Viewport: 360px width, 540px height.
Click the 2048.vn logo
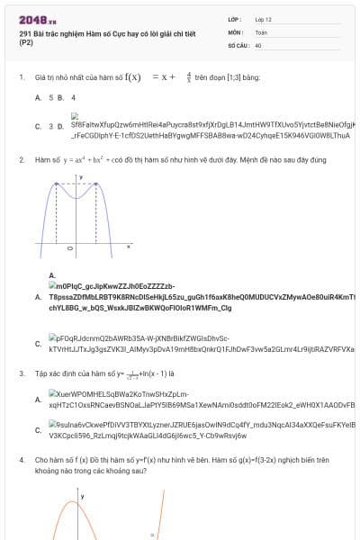click(37, 20)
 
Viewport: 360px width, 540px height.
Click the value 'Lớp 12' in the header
click(263, 19)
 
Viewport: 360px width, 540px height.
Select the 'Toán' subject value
click(261, 31)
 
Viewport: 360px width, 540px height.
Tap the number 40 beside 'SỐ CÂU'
click(258, 44)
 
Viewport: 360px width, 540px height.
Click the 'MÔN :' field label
click(235, 31)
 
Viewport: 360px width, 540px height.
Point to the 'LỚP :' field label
click(235, 19)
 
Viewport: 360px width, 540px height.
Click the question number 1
click(21, 77)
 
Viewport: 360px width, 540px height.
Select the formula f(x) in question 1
click(132, 77)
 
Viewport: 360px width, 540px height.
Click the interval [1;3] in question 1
click(220, 77)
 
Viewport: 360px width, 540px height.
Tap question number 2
click(21, 159)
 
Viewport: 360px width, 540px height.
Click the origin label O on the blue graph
click(68, 250)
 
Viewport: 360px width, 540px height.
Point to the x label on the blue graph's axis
click(128, 246)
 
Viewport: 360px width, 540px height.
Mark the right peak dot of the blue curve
click(95, 184)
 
